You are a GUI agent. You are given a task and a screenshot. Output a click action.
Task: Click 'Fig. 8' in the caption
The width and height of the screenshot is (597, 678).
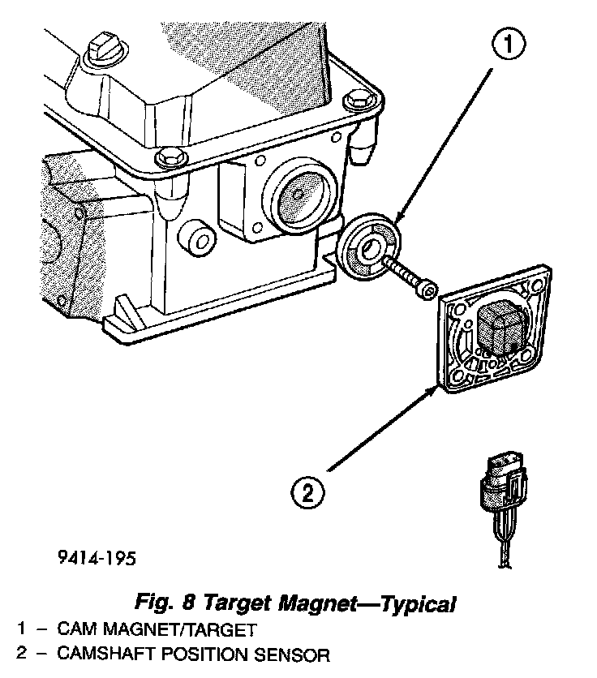(166, 603)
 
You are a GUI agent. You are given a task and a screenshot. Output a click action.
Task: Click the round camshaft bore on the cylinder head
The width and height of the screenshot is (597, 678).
(298, 195)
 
